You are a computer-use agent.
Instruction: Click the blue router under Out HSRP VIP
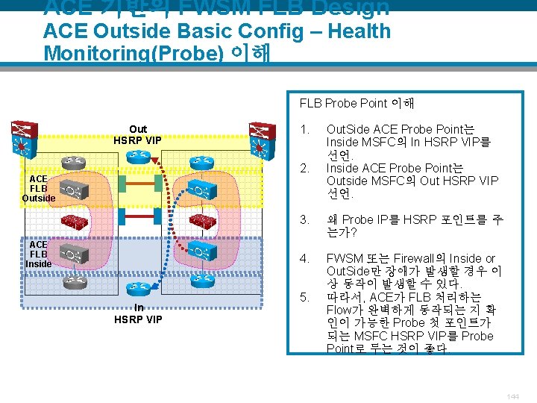tap(139, 157)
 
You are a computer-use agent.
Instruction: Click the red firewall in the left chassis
tap(75, 221)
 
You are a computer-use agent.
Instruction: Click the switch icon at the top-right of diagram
tap(260, 139)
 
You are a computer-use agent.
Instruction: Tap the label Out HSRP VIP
tap(138, 134)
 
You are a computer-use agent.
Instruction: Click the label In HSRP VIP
tap(138, 313)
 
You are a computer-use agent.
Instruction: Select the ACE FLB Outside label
tap(39, 188)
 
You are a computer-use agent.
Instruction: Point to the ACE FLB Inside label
tap(39, 254)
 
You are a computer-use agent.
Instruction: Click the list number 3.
tap(304, 220)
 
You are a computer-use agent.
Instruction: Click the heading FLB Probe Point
tap(357, 103)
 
